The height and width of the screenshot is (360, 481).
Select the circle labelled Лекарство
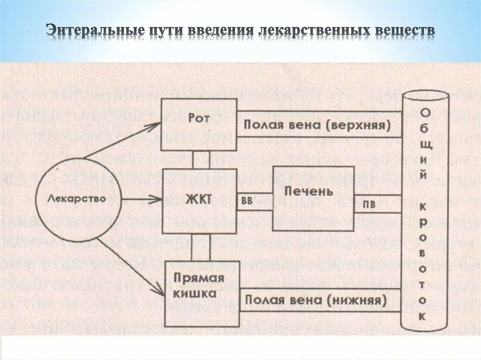coord(77,199)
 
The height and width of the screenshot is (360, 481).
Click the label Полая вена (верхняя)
coord(317,125)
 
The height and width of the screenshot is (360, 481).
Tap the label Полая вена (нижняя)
coord(315,300)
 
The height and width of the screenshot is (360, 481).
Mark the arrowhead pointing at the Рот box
coord(155,125)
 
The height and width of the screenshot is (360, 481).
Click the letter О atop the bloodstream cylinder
coord(424,113)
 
